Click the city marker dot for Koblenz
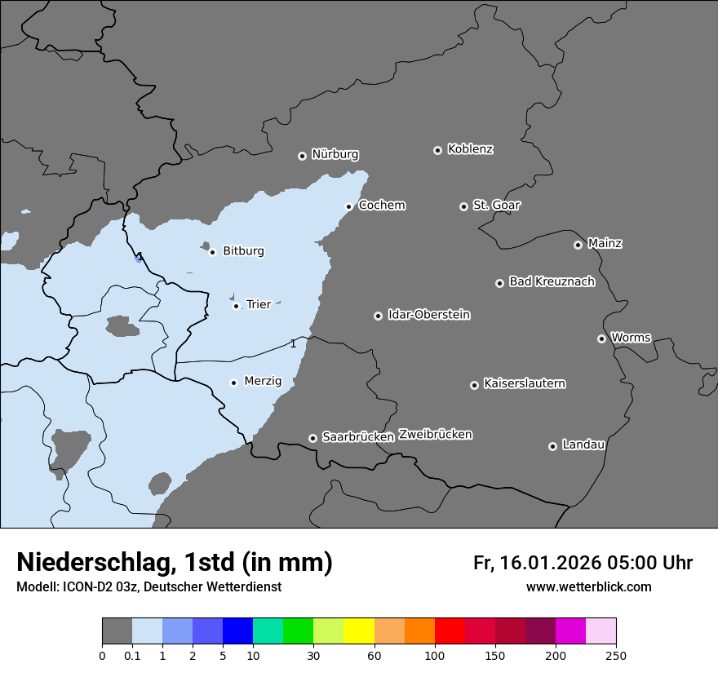click(x=437, y=150)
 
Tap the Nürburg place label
click(x=335, y=154)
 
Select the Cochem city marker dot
click(x=348, y=206)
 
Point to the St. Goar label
click(x=496, y=205)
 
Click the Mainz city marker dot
click(x=578, y=245)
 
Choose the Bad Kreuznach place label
click(x=552, y=281)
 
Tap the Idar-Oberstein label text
click(x=428, y=315)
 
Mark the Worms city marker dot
click(x=601, y=338)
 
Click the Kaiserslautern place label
click(x=524, y=383)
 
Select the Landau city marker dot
click(x=552, y=446)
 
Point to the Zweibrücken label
click(x=435, y=435)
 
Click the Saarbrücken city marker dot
click(x=312, y=438)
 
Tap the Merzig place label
click(x=263, y=381)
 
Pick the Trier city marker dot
click(x=236, y=306)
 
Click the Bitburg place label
click(x=243, y=251)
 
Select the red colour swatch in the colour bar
click(x=450, y=631)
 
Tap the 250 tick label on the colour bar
click(x=616, y=656)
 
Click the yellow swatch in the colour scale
click(x=359, y=631)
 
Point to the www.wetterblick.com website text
click(x=588, y=587)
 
